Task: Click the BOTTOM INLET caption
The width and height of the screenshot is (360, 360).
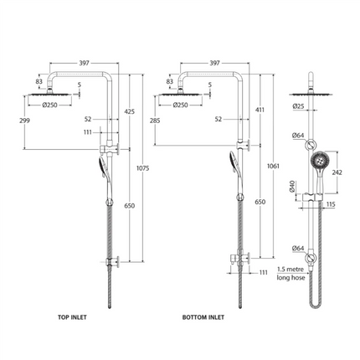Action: point(204,318)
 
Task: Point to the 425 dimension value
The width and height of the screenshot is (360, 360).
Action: point(129,111)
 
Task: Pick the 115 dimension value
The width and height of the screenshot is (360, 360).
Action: point(332,203)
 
